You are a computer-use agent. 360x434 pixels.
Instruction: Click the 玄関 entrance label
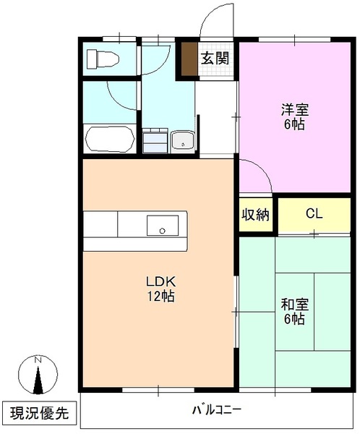pyautogui.click(x=215, y=59)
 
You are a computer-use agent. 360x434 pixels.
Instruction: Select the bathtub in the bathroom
pyautogui.click(x=109, y=140)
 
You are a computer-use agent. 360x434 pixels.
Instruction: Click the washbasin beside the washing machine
pyautogui.click(x=182, y=140)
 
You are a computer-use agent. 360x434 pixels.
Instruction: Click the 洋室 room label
pyautogui.click(x=295, y=111)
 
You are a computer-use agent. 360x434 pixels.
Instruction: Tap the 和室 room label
pyautogui.click(x=294, y=305)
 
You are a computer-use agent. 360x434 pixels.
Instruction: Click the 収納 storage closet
pyautogui.click(x=255, y=215)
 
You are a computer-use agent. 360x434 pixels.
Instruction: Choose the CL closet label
pyautogui.click(x=313, y=214)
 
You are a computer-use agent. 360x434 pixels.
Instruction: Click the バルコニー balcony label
pyautogui.click(x=217, y=409)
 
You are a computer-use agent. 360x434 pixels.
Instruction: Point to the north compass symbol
pyautogui.click(x=40, y=376)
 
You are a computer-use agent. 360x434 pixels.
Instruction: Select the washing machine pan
pyautogui.click(x=154, y=140)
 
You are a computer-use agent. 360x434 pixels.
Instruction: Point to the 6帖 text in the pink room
pyautogui.click(x=294, y=124)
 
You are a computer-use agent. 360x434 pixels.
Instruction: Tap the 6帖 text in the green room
pyautogui.click(x=294, y=319)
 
